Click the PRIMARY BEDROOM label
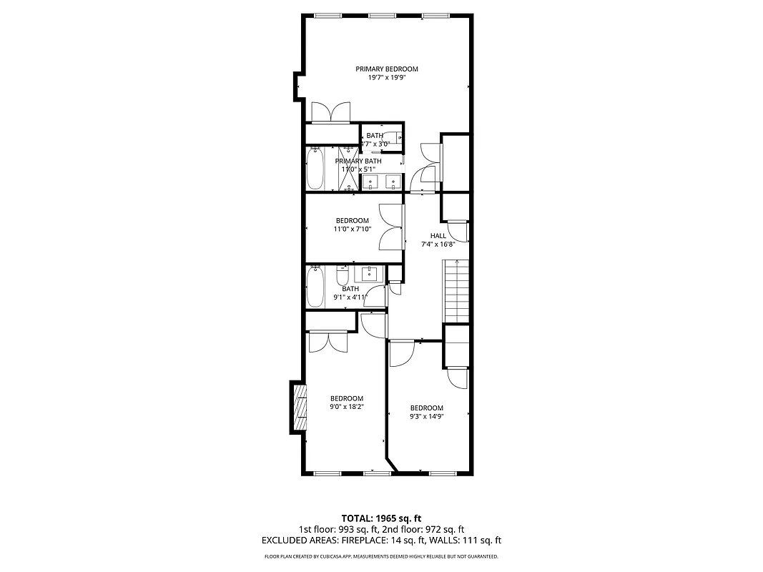[x=387, y=69]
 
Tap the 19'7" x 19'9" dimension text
[x=387, y=78]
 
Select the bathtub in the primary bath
[x=315, y=169]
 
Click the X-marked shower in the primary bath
[x=348, y=170]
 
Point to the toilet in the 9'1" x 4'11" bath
[x=342, y=276]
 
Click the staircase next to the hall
[x=456, y=292]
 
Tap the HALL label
[x=438, y=236]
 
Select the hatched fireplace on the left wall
[x=299, y=408]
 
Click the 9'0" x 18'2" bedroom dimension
[x=346, y=408]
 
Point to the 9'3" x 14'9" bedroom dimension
[x=426, y=417]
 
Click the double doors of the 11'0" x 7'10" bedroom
[x=391, y=227]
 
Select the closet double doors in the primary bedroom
[x=330, y=112]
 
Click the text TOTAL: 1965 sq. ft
[x=381, y=518]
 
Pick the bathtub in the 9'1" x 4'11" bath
[x=315, y=287]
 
